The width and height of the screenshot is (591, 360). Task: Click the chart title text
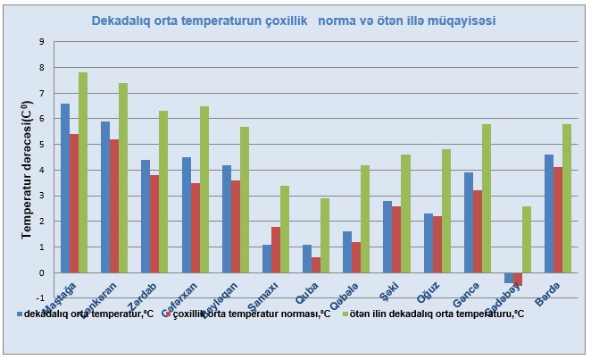click(295, 19)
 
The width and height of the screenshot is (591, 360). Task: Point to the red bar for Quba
click(317, 264)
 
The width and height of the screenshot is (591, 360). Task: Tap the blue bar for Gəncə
click(469, 222)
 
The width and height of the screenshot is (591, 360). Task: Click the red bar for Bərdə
click(558, 220)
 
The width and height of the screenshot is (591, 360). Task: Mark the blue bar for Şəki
click(387, 237)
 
